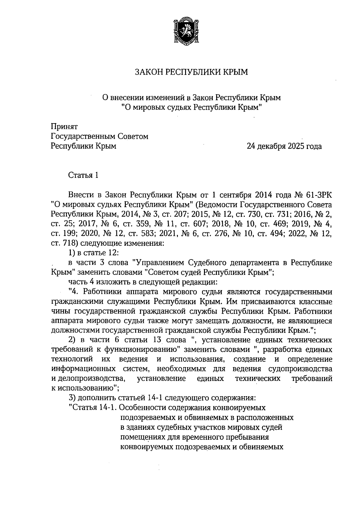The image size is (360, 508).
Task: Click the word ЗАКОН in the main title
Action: click(x=148, y=72)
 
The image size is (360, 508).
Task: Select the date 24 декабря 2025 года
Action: click(x=284, y=146)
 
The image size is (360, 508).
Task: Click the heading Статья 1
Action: click(x=83, y=175)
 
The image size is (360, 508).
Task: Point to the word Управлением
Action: click(x=160, y=263)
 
